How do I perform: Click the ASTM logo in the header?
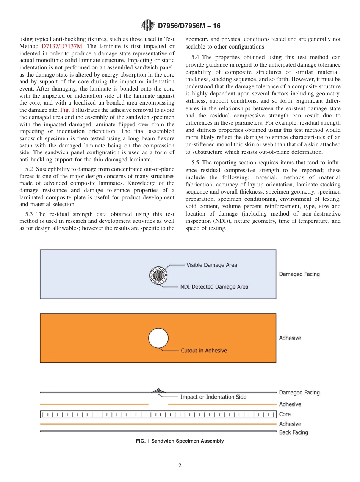coord(147,26)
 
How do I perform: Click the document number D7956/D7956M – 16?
coord(189,26)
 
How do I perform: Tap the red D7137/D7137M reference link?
coord(62,46)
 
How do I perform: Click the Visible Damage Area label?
coord(211,265)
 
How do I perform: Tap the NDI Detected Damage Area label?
coord(214,287)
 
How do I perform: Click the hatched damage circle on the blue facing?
coord(159,275)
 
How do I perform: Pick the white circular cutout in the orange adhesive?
coord(158,338)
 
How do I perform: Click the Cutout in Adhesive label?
coord(204,351)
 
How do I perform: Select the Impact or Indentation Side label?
coord(213,397)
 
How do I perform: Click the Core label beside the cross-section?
coord(285,414)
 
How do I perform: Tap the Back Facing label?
coord(293,432)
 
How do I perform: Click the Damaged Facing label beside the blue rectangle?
coord(299,274)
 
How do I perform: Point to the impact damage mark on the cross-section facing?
coord(158,391)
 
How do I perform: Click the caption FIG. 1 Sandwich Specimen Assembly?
coord(180,441)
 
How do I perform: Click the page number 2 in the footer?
coord(180,466)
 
